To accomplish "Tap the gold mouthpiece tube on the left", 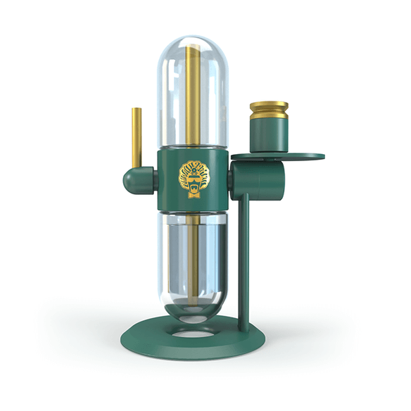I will (x=136, y=137).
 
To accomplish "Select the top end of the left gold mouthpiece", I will (x=136, y=110).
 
